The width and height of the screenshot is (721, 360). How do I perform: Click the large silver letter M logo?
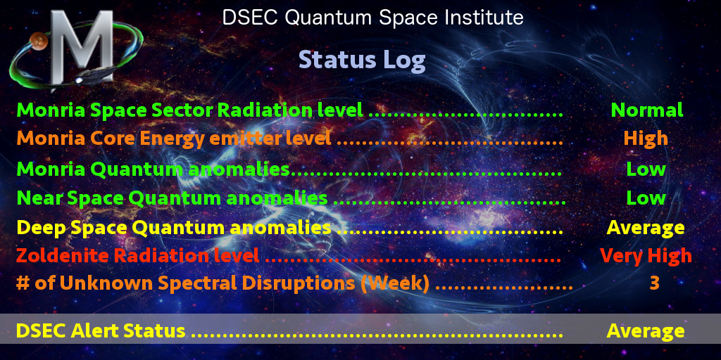point(82,47)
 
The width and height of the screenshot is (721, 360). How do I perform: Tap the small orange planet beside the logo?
point(39,41)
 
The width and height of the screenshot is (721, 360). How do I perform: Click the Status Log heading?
point(363,60)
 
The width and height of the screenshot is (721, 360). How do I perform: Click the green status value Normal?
point(646,110)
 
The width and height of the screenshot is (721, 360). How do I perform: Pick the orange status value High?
point(646,139)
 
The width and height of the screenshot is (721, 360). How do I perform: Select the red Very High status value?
point(646,256)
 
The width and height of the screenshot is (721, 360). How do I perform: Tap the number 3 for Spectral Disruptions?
point(654,283)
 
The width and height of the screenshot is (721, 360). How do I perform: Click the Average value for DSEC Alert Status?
point(646,331)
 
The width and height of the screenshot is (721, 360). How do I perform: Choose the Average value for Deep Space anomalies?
point(646,228)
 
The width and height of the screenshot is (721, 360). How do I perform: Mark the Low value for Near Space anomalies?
point(646,198)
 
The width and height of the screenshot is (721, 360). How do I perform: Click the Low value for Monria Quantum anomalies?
point(646,169)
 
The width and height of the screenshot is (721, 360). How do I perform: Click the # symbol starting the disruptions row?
point(22,283)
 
